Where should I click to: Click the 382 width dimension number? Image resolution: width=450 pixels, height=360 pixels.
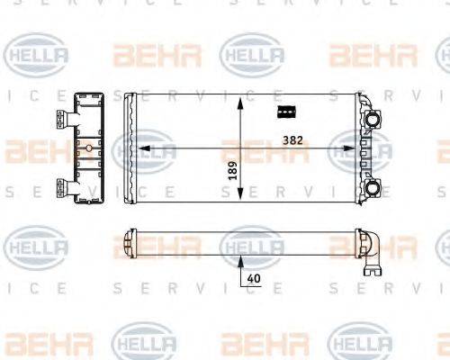[291, 140]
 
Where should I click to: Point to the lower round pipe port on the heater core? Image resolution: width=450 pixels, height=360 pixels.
[372, 187]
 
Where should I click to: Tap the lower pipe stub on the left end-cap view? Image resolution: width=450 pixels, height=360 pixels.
[63, 187]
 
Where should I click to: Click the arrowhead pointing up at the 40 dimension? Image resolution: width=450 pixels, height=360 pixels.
[240, 260]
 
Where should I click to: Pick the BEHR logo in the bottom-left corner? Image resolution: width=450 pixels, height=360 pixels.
[36, 342]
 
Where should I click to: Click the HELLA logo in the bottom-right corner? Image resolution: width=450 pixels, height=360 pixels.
[360, 342]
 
